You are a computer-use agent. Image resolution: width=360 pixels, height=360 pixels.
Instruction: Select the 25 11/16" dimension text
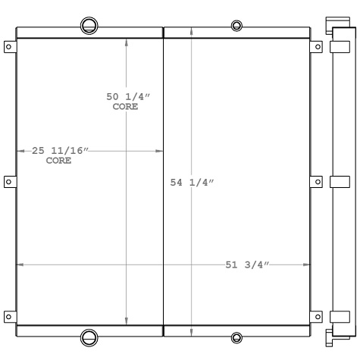point(60,151)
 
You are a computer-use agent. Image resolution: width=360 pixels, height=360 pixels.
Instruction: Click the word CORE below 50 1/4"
point(125,107)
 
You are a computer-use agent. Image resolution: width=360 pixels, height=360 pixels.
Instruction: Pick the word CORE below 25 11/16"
point(59,161)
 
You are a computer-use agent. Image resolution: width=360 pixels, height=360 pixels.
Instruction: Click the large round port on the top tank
point(89,24)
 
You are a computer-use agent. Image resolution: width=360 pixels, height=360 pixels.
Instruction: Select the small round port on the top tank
point(236,27)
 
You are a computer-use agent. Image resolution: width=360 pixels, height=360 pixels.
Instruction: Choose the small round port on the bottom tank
point(236,337)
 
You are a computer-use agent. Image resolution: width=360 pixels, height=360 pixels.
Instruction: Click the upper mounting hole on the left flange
point(8,47)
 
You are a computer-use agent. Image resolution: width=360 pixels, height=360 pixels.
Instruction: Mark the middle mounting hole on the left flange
point(8,181)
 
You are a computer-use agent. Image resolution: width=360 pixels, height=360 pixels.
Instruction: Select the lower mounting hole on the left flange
point(8,315)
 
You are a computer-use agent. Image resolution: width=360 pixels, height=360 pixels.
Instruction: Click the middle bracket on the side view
point(339,181)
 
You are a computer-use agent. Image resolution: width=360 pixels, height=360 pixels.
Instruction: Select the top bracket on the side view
point(339,47)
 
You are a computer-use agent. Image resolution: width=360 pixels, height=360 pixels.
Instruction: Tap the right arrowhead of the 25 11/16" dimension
point(159,151)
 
